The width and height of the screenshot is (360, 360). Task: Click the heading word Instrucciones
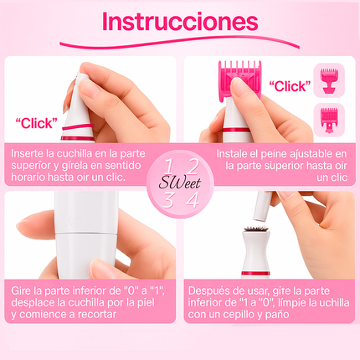[179, 22]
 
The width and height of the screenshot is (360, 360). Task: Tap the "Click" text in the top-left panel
[37, 122]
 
